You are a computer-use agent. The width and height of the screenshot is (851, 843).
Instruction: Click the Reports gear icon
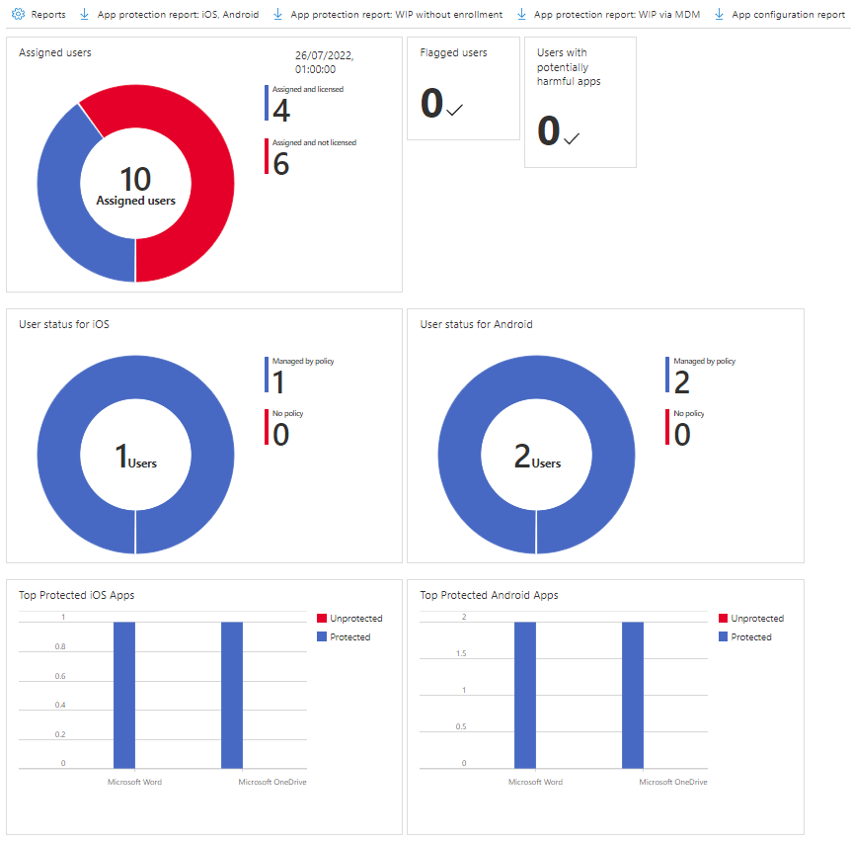[x=17, y=15]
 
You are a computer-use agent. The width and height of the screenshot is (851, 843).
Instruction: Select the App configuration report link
[x=788, y=15]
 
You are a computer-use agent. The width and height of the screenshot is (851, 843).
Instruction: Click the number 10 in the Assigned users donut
[x=135, y=179]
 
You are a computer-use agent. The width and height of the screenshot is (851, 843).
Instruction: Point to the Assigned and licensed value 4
[x=281, y=111]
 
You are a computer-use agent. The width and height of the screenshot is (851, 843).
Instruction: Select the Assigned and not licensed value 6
[x=281, y=163]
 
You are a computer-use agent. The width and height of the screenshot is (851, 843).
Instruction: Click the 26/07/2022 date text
[x=324, y=56]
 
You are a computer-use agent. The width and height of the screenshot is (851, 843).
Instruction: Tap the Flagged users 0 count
[x=432, y=105]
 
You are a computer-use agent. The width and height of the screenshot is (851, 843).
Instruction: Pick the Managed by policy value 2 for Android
[x=682, y=382]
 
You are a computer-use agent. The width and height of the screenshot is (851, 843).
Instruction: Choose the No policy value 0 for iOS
[x=281, y=434]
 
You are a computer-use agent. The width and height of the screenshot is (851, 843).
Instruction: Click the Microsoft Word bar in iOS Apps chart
[x=124, y=694]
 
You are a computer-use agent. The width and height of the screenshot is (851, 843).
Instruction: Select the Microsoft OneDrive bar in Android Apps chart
[x=633, y=694]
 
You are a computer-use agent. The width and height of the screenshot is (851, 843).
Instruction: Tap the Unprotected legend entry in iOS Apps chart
[x=355, y=619]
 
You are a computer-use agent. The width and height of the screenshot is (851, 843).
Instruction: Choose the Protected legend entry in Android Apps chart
[x=750, y=637]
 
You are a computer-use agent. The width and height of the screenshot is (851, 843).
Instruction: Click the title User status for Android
[x=476, y=324]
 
